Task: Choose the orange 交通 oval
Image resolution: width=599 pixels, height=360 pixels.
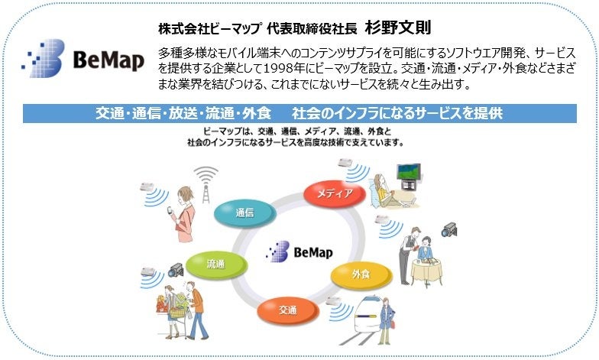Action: tap(288, 310)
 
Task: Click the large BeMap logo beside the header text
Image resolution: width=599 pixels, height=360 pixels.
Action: tap(83, 59)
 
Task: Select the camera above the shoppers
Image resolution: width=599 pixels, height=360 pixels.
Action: tap(176, 269)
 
